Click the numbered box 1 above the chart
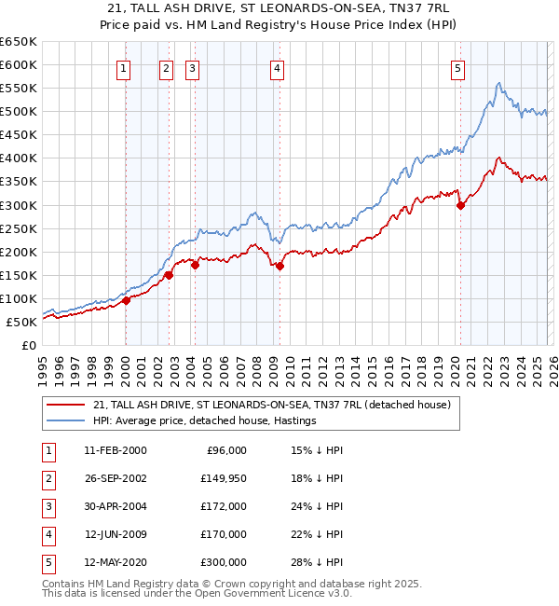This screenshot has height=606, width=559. click(x=125, y=67)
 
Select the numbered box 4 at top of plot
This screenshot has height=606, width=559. click(x=278, y=67)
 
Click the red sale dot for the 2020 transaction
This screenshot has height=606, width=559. click(x=460, y=206)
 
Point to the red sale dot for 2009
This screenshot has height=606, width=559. click(x=280, y=266)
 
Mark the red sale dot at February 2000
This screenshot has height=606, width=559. click(x=127, y=300)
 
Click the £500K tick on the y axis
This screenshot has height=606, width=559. click(x=19, y=112)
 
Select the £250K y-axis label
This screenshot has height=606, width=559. click(x=19, y=228)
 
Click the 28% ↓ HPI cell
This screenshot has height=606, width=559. click(x=316, y=561)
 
